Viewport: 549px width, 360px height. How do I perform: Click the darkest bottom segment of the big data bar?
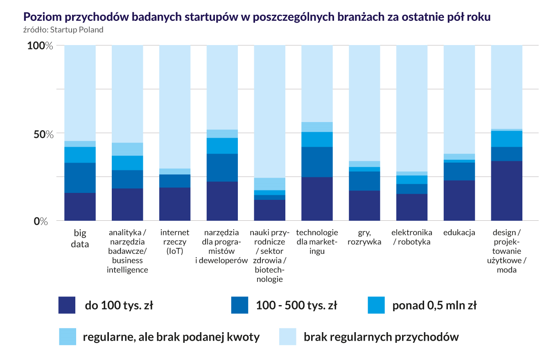pyautogui.click(x=80, y=207)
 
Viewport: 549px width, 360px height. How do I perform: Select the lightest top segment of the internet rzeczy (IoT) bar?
pyautogui.click(x=175, y=106)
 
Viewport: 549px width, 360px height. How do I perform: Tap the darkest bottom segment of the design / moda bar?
pyautogui.click(x=506, y=191)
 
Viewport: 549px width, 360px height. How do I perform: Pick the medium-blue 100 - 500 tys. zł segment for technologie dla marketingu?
pyautogui.click(x=317, y=162)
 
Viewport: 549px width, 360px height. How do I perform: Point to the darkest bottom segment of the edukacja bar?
pyautogui.click(x=459, y=201)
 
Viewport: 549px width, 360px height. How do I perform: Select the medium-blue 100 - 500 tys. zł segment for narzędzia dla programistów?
pyautogui.click(x=222, y=168)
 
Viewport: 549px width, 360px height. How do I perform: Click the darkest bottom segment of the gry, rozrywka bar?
pyautogui.click(x=364, y=206)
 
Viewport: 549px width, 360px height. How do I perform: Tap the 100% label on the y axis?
pyautogui.click(x=40, y=46)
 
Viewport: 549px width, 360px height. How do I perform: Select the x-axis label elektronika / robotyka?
pyautogui.click(x=411, y=237)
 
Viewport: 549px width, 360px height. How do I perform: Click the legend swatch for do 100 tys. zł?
pyautogui.click(x=67, y=305)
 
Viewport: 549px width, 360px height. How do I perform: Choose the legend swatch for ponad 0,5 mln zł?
pyautogui.click(x=376, y=305)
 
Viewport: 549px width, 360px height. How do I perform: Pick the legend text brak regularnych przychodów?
pyautogui.click(x=381, y=337)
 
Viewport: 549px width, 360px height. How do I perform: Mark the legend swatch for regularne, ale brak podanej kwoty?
pyautogui.click(x=67, y=337)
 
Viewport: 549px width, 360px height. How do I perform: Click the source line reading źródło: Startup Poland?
pyautogui.click(x=63, y=30)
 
